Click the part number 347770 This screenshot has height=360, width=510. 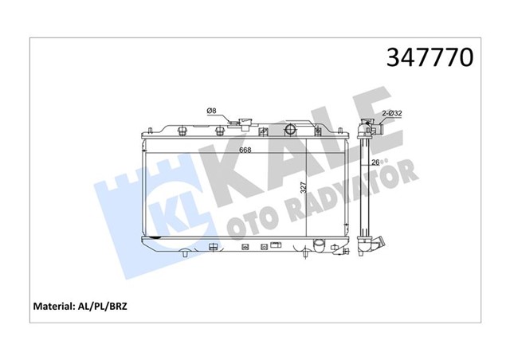[430, 57]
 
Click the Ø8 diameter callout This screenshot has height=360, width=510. [211, 111]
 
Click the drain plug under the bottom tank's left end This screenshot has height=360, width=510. [185, 253]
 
